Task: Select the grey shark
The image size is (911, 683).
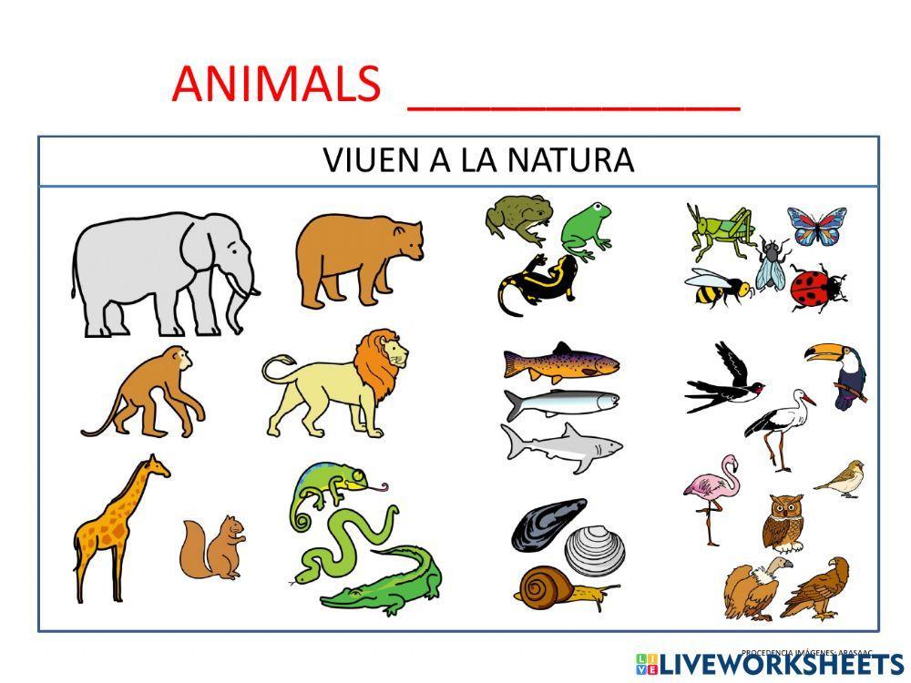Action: [x=560, y=446]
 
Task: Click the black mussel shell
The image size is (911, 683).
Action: [x=547, y=524]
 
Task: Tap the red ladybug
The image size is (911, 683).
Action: [x=815, y=288]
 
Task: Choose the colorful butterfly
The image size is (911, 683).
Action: [x=816, y=226]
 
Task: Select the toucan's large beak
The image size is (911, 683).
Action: [x=824, y=353]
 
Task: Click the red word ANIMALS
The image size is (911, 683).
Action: [x=275, y=85]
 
